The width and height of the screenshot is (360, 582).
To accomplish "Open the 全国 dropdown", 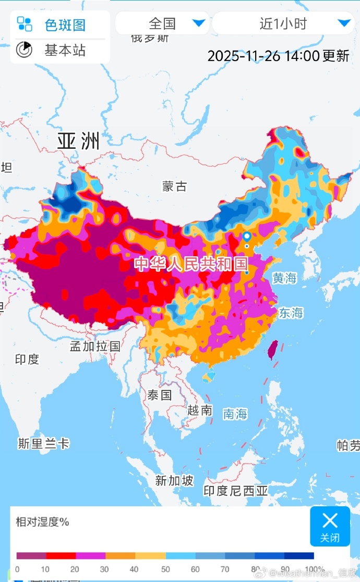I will tap(162, 23).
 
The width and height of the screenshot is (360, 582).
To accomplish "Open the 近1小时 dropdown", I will tap(283, 23).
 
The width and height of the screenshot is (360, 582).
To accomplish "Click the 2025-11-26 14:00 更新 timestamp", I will tap(278, 56).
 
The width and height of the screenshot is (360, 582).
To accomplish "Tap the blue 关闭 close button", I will tap(330, 526).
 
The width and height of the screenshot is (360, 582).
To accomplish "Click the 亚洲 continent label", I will tap(78, 141).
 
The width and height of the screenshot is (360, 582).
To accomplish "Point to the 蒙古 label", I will tap(174, 186).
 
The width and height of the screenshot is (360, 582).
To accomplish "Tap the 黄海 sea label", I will tap(284, 278).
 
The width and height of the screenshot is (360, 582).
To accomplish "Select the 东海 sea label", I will tap(291, 313).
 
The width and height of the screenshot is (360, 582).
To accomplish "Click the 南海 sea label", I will tap(235, 414).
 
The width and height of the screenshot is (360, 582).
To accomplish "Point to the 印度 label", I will tap(27, 359).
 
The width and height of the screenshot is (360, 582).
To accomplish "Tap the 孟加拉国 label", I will tap(95, 346).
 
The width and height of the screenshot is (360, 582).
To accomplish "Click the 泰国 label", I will tap(159, 395).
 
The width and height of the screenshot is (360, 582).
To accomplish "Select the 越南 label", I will tap(199, 410).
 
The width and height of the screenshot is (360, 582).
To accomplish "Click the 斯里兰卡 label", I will tap(43, 444).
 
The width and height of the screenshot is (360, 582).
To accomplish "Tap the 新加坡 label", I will tap(174, 481).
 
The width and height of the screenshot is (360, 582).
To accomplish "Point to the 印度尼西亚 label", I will tap(235, 491).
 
